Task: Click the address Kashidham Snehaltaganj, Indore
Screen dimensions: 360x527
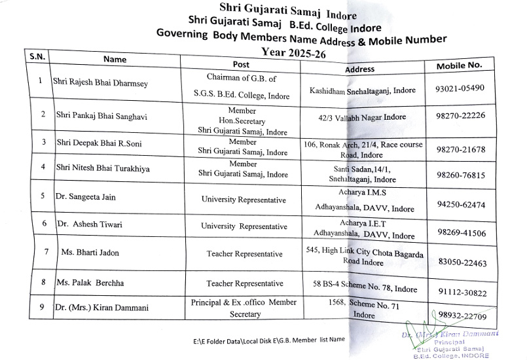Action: (363, 90)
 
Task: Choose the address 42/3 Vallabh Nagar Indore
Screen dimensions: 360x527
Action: (359, 117)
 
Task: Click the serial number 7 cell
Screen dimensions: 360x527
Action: (46, 251)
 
